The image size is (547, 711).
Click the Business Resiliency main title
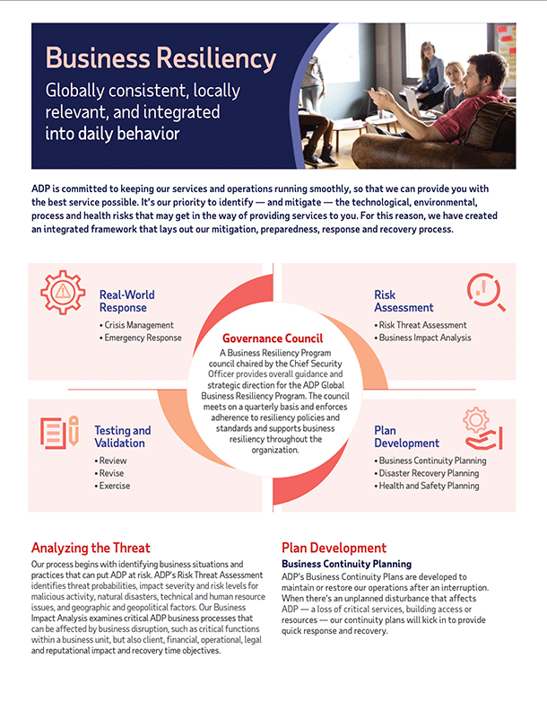point(161,59)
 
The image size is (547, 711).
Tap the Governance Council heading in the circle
point(273,339)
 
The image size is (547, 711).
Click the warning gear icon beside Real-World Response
point(63,292)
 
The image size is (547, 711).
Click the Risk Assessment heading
point(404,301)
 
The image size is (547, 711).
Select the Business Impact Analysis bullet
point(424,338)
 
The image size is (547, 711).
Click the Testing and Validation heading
point(123,436)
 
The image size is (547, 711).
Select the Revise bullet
point(113,473)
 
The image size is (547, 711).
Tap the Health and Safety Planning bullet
point(429,486)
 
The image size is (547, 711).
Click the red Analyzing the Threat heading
point(91,548)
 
